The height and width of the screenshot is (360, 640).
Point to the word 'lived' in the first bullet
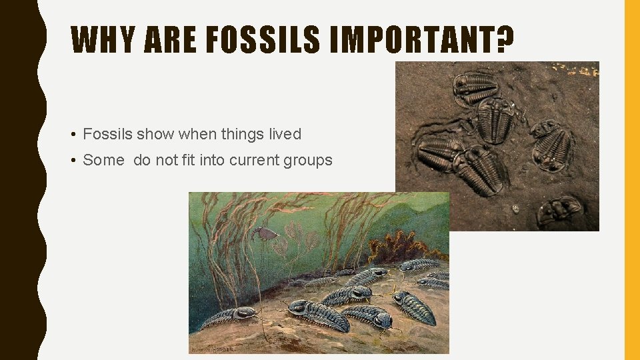tap(285, 134)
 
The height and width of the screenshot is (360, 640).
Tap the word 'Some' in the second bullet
tap(103, 160)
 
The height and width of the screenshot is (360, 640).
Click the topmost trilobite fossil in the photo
tap(475, 87)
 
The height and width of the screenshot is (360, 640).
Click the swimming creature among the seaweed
tap(265, 233)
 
